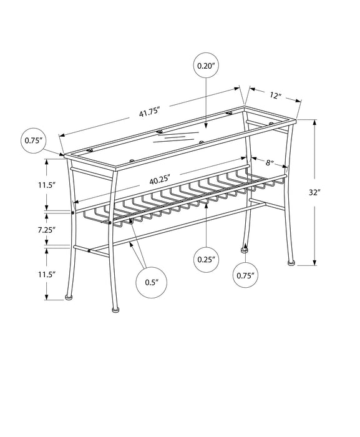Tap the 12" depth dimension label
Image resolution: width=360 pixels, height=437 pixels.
276,97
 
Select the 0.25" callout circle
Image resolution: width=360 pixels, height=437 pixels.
207,257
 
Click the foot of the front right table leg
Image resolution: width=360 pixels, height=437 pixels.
114,307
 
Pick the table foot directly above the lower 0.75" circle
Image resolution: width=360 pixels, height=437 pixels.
245,250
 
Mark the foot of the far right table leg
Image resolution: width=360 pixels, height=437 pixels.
291,263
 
